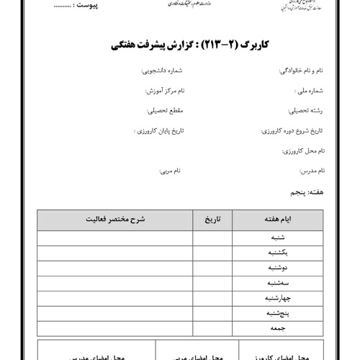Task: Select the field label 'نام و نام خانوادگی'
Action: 300,73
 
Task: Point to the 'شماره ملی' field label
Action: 310,92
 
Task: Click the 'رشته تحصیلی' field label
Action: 306,112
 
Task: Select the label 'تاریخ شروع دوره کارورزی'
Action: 292,132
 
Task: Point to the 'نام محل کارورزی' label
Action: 302,151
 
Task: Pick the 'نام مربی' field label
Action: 170,171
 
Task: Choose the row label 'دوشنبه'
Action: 277,267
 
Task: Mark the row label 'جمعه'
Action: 277,328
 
